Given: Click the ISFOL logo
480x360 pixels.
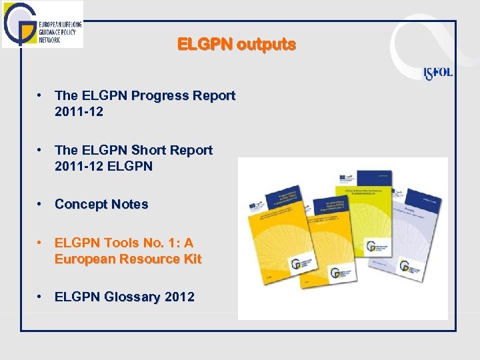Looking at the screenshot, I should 438,72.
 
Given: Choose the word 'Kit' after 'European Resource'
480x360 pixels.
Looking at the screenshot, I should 191,259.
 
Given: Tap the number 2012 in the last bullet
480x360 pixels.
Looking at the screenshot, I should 177,297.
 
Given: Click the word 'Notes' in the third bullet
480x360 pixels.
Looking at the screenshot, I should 130,205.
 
